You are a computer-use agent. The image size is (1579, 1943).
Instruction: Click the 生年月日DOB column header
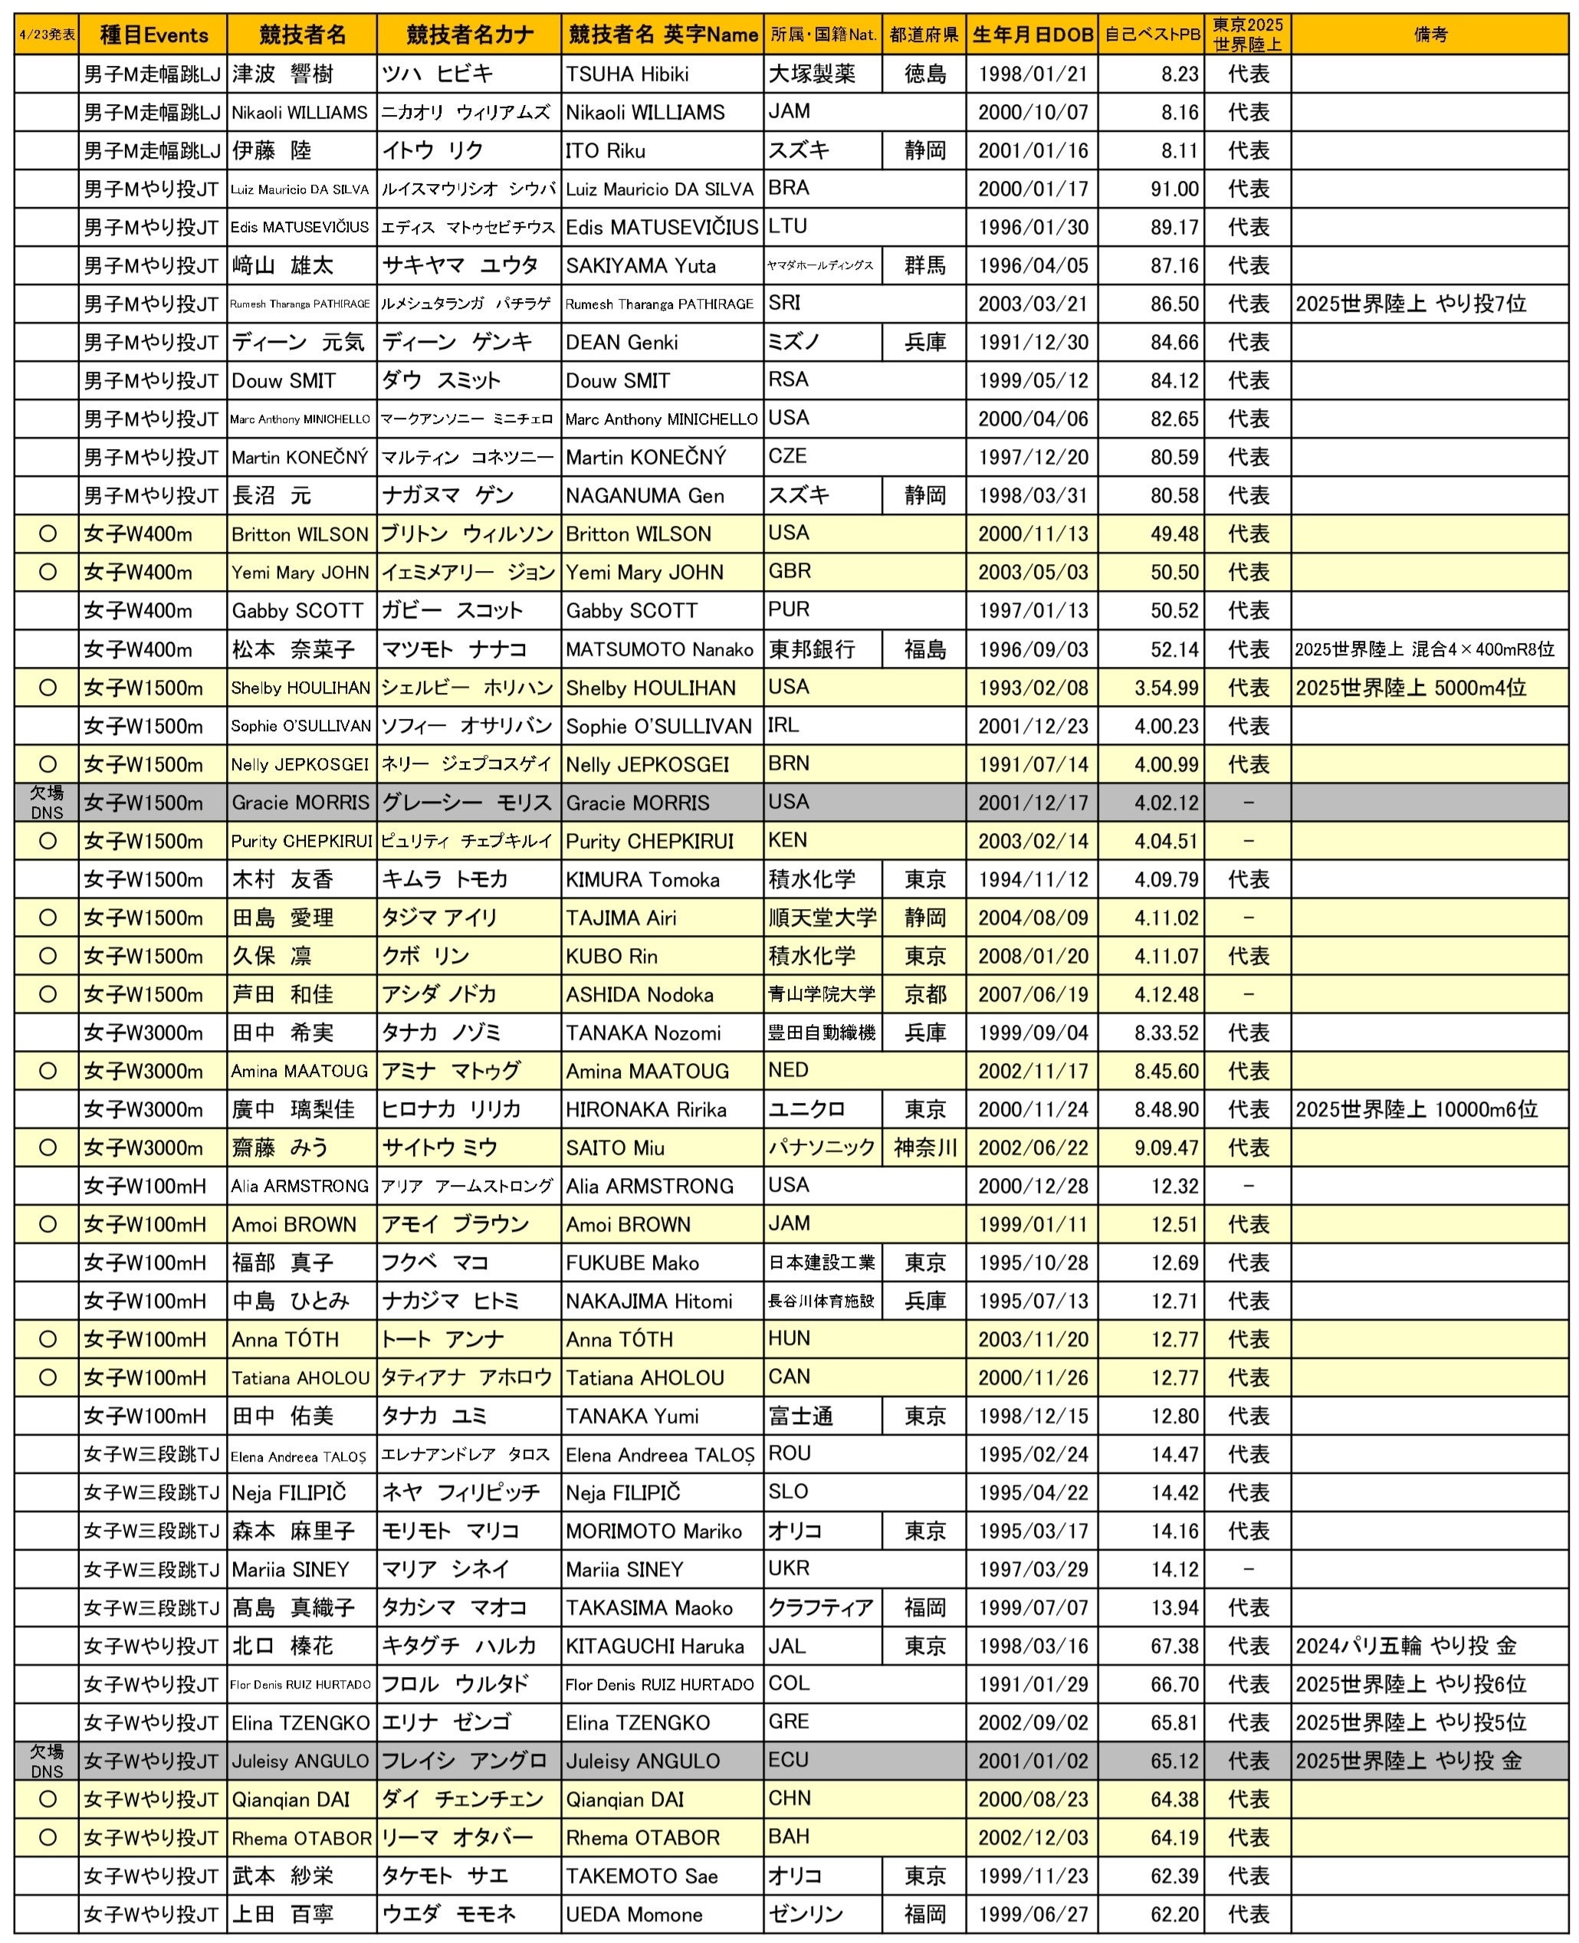click(1032, 34)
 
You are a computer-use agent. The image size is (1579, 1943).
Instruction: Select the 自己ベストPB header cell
click(1151, 34)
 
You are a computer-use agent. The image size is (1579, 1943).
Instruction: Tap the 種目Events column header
click(153, 34)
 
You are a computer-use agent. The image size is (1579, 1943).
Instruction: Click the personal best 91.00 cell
click(1174, 189)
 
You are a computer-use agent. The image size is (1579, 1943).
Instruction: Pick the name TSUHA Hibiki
click(627, 74)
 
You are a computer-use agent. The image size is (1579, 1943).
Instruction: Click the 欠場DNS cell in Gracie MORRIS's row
click(47, 802)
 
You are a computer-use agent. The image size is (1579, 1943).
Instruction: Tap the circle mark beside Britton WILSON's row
click(48, 534)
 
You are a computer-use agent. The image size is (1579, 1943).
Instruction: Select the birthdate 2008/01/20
click(1032, 956)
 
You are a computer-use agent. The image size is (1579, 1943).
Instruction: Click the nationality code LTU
click(788, 227)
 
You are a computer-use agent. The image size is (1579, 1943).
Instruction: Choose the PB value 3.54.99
click(1166, 688)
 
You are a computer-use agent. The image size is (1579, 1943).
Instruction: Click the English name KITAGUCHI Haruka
click(655, 1646)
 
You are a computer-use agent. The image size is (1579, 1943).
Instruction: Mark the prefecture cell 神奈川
click(925, 1148)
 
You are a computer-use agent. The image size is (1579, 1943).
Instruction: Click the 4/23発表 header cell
click(47, 34)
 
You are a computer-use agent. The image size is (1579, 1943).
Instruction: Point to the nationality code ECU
click(789, 1760)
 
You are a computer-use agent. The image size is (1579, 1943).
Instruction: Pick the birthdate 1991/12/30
click(1032, 342)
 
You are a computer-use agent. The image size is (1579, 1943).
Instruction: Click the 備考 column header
click(1430, 34)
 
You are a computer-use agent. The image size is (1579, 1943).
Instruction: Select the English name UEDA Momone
click(633, 1914)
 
